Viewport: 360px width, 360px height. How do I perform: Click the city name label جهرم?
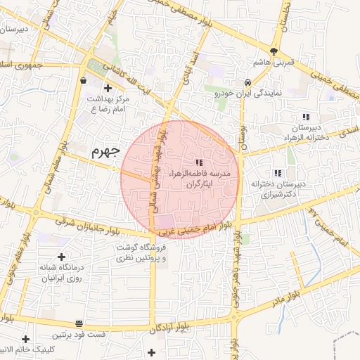coord(106,150)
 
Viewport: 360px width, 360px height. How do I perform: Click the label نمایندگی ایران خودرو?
coord(247,92)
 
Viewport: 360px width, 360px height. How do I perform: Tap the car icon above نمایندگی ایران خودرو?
coord(247,81)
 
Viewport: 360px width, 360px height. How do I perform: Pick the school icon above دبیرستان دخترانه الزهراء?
coord(305,117)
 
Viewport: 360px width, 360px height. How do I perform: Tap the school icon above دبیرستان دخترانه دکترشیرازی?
coord(278,172)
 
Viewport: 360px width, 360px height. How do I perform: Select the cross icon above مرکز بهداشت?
coord(108,88)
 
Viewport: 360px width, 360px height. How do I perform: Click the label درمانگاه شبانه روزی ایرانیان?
coord(60,274)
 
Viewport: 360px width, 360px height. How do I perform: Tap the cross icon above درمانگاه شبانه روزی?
coord(61,257)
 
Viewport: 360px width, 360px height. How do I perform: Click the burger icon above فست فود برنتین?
coord(79,324)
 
